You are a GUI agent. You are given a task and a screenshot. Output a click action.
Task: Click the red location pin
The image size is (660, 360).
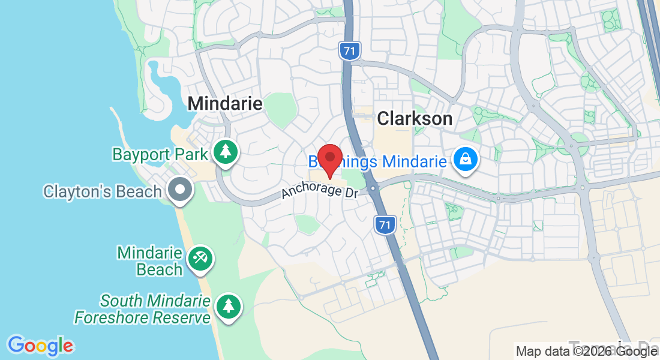tap(329, 158)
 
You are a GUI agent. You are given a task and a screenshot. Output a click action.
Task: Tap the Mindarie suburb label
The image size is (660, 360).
tap(225, 104)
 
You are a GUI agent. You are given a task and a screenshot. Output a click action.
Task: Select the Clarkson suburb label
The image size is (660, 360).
tap(415, 119)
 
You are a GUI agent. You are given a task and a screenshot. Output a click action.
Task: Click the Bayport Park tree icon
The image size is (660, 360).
tap(226, 152)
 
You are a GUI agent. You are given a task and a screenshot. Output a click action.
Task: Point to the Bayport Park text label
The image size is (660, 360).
tap(160, 154)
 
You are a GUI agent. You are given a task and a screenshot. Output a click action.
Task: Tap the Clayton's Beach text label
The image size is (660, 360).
tap(102, 192)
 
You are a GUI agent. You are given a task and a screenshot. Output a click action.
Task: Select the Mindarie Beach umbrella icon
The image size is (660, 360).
tap(199, 259)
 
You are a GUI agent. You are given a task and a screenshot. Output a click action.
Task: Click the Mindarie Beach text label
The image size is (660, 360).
tap(150, 261)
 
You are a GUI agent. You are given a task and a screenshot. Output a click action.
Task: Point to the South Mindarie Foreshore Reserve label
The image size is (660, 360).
tap(142, 308)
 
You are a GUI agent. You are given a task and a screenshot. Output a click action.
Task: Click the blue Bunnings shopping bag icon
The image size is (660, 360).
tap(465, 160)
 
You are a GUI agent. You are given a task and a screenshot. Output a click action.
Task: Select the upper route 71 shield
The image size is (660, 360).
tap(349, 50)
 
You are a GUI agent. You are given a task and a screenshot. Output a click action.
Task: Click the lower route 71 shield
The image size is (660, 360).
tap(385, 226)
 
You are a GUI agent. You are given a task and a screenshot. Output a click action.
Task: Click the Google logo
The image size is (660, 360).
tap(41, 346)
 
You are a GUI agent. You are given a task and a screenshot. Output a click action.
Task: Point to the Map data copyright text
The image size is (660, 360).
tap(587, 352)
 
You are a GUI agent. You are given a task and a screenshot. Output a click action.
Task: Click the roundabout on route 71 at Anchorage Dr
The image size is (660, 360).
tap(374, 188)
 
